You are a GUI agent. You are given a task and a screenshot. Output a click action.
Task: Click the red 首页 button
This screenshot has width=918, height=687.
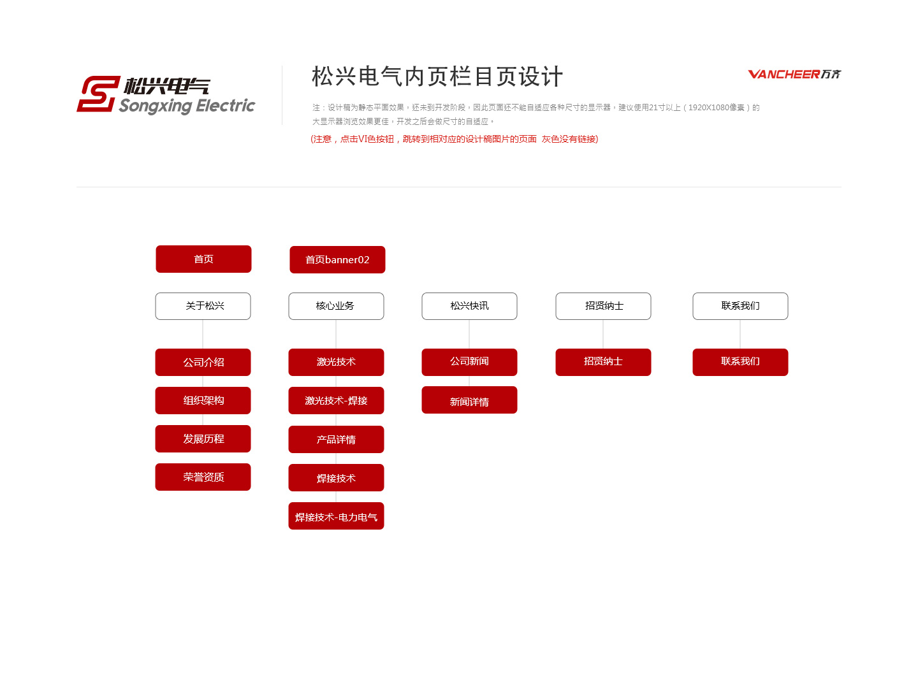pos(203,259)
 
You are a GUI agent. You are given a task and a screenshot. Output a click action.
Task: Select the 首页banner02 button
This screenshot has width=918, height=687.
pos(337,259)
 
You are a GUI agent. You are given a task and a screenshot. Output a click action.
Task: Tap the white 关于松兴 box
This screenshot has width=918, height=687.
pos(203,307)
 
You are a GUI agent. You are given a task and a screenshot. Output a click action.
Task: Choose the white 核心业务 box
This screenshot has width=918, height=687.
pos(336,307)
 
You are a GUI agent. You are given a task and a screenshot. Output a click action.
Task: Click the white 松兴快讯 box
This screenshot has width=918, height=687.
pos(469,307)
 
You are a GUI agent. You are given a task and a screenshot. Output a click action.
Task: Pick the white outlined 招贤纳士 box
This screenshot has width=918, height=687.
pos(603,307)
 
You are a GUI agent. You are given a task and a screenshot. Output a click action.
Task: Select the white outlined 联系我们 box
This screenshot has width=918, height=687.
pos(740,307)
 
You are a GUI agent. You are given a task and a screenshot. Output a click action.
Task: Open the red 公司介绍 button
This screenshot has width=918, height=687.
pos(203,363)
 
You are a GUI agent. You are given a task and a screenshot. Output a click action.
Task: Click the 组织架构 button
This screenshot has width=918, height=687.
pos(203,400)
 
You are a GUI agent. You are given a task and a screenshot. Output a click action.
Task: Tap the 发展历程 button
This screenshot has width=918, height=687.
pos(203,439)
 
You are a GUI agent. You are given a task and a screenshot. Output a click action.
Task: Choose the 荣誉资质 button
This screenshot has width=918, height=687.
pos(203,477)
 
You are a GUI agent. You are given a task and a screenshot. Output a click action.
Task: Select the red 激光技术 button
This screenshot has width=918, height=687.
pos(336,363)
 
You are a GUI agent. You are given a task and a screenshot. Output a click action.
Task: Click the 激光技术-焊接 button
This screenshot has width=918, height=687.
pos(336,400)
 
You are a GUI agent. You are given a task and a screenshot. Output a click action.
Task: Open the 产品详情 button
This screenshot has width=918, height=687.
pos(336,439)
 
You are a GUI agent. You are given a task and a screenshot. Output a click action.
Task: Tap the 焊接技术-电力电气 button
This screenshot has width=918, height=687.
pos(336,516)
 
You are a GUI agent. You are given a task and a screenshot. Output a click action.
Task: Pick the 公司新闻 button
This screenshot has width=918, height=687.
pos(469,363)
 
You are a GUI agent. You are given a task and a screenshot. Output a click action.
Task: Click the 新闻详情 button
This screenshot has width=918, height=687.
pos(469,400)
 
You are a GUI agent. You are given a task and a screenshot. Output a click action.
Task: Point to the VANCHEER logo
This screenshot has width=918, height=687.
pos(794,75)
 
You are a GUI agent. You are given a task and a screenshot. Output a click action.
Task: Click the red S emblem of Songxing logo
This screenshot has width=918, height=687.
pos(98,94)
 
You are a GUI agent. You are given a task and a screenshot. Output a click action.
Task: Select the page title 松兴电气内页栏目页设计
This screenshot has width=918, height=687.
pos(437,76)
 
